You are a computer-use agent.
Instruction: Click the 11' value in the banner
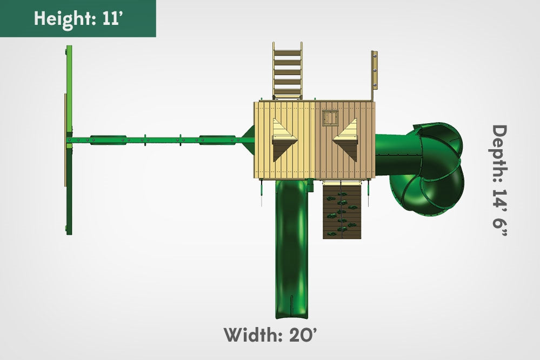pyautogui.click(x=111, y=18)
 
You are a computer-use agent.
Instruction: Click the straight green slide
pyautogui.click(x=291, y=249)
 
